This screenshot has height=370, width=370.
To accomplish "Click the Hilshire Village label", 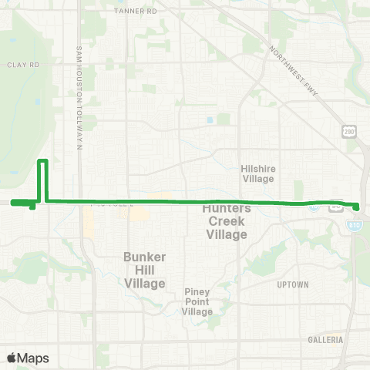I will (x=257, y=173).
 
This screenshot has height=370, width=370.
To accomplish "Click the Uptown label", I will (x=292, y=284).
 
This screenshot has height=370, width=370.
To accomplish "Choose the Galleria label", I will (x=324, y=339).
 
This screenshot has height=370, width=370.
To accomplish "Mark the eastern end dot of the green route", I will (x=357, y=206).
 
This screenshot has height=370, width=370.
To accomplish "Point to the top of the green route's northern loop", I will (x=43, y=160).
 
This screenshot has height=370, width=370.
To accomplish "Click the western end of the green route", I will (x=12, y=203).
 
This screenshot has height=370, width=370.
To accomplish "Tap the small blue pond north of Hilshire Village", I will (x=210, y=121).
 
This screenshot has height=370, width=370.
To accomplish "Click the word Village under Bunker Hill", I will (x=145, y=284).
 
